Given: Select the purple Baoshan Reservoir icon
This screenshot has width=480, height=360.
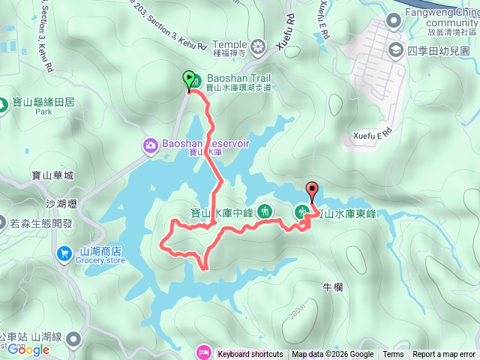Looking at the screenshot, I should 150,144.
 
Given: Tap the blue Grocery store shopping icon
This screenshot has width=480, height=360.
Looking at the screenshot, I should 65,253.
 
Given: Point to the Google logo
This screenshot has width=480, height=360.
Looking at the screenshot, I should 28,349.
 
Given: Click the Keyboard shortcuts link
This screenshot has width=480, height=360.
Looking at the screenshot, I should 250,355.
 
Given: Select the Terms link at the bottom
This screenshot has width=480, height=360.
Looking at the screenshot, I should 393,355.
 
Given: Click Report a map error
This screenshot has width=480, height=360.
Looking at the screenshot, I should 445,355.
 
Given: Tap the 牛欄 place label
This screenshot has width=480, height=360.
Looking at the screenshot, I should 331,286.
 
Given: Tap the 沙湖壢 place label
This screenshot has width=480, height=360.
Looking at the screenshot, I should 61,203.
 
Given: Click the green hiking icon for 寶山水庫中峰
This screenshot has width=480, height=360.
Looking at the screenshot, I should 265,211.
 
